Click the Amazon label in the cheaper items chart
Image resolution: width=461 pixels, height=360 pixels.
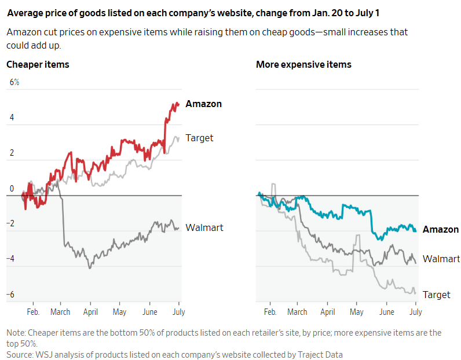(203, 104)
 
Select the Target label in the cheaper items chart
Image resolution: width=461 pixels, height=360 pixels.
(199, 138)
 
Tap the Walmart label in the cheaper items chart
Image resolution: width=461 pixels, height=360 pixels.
(204, 227)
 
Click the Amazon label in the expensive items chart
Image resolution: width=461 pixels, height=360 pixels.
(440, 230)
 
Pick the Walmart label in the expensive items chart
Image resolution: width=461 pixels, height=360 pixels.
(441, 259)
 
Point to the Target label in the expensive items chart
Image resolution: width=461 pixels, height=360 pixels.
(436, 295)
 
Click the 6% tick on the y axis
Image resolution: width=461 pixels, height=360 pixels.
(14, 82)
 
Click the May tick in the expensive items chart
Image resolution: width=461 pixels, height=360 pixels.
(357, 312)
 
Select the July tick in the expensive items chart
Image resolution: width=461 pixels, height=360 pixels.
(415, 312)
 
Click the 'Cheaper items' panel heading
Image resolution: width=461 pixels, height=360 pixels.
(38, 64)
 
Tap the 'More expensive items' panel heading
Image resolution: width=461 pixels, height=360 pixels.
(303, 64)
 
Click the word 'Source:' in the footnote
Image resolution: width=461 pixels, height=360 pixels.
(20, 354)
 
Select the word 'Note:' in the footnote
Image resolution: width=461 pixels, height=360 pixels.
(16, 333)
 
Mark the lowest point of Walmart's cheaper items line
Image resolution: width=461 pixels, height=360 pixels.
(89, 268)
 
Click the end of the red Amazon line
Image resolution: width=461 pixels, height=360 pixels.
(178, 105)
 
